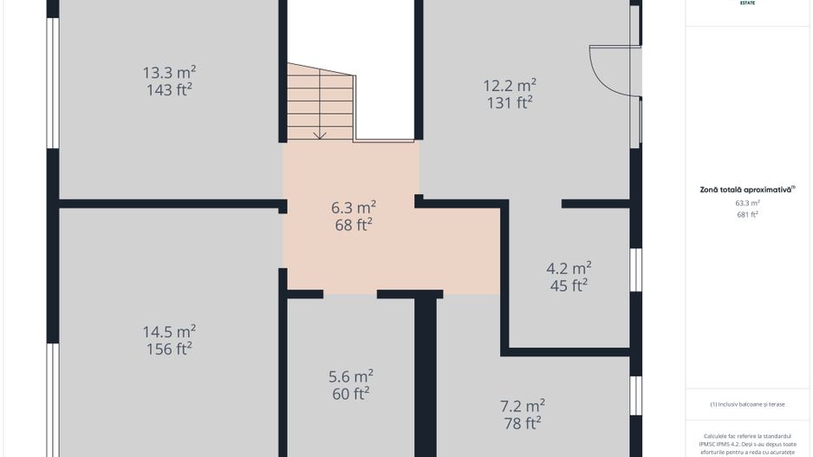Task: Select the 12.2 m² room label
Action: point(509,85)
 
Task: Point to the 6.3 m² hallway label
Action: point(353,208)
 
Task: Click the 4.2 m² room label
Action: point(569,267)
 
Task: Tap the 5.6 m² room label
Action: point(350,376)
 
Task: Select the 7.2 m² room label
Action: point(522,405)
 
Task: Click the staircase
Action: point(321,104)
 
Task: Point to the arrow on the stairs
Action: point(320,132)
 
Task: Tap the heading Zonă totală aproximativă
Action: point(747,189)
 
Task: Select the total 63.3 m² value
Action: point(747,203)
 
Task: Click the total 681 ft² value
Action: point(747,214)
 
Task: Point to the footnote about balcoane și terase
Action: point(747,403)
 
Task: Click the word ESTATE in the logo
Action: point(747,3)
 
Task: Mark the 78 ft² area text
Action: point(522,422)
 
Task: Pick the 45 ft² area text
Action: point(569,284)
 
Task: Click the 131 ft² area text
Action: point(509,102)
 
